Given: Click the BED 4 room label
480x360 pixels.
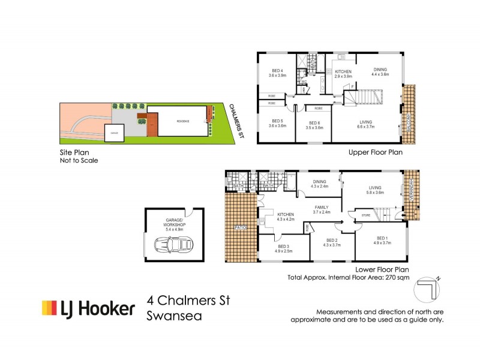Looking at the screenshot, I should click(x=276, y=71).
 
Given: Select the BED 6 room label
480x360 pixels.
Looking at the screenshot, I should click(x=314, y=125).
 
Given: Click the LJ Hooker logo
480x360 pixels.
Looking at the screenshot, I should click(x=88, y=308).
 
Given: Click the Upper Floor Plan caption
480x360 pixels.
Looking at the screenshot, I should click(x=375, y=152).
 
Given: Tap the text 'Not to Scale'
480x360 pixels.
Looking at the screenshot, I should click(x=78, y=161).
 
